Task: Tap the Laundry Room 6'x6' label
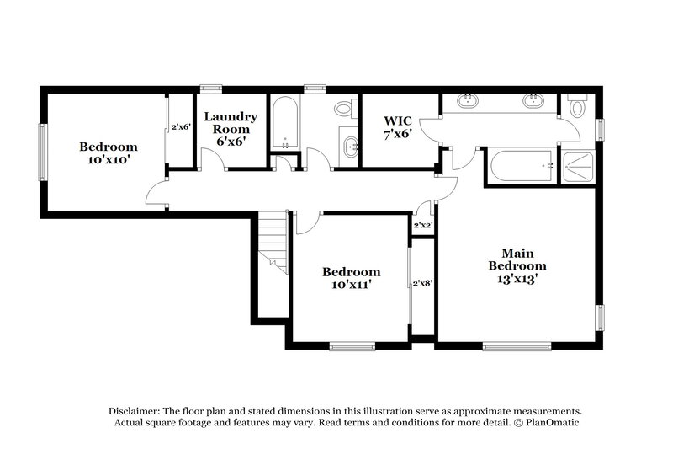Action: [x=230, y=129]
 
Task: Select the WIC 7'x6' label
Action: [x=399, y=126]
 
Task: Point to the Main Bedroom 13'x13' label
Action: [x=517, y=265]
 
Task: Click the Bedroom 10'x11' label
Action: [x=352, y=278]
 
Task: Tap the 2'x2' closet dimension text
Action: [x=422, y=225]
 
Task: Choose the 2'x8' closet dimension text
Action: [x=422, y=284]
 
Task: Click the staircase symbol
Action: [x=273, y=240]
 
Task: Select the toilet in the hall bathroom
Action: [x=344, y=109]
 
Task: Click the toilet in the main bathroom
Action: [x=576, y=108]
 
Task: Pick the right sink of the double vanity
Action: [x=533, y=103]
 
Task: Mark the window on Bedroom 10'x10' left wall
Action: [x=41, y=152]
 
